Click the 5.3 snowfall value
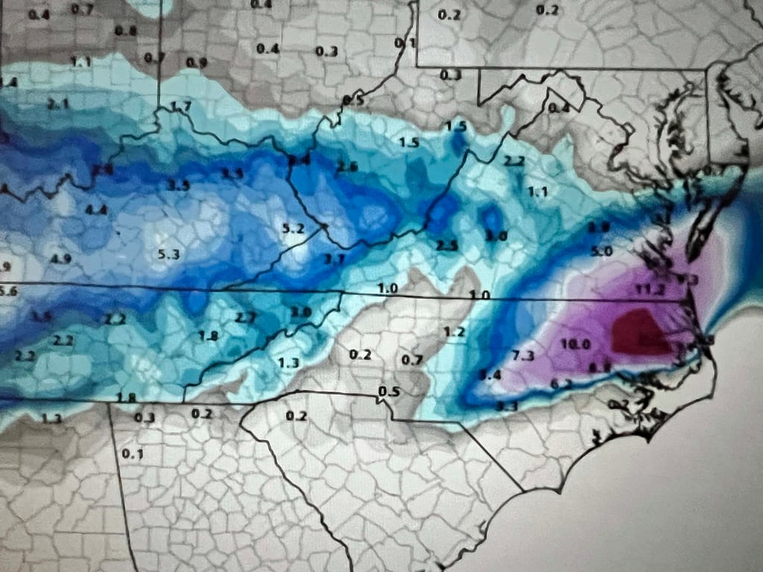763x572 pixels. click(x=169, y=255)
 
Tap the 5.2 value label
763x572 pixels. click(x=294, y=228)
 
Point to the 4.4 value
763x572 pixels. click(x=96, y=210)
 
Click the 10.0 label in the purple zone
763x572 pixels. click(x=574, y=343)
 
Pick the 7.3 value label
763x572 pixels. click(x=523, y=355)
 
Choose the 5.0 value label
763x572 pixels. click(x=601, y=252)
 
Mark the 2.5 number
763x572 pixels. click(x=446, y=246)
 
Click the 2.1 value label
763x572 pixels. click(x=57, y=104)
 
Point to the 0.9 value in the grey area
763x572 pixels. click(x=197, y=63)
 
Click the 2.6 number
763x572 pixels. click(x=347, y=167)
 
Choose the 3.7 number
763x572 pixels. click(x=335, y=258)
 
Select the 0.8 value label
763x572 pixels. click(x=126, y=31)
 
